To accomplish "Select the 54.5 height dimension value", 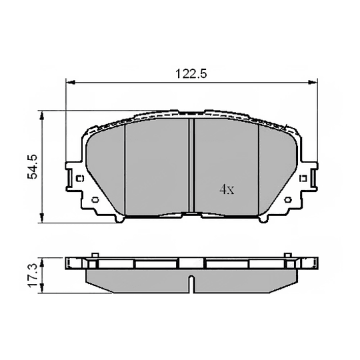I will [x=30, y=166].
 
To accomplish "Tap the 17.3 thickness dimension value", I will [x=30, y=274].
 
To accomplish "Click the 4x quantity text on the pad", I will [x=227, y=189].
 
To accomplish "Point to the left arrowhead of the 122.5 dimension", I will [x=69, y=83].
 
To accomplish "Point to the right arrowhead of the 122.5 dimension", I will [x=313, y=83].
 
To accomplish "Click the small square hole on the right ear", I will [x=303, y=179].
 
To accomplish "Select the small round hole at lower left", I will [x=95, y=199].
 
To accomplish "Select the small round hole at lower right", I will [x=289, y=199].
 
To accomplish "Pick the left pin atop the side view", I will [x=95, y=255].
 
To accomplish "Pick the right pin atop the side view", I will [x=288, y=255].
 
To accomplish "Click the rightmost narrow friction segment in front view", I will [x=277, y=170].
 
